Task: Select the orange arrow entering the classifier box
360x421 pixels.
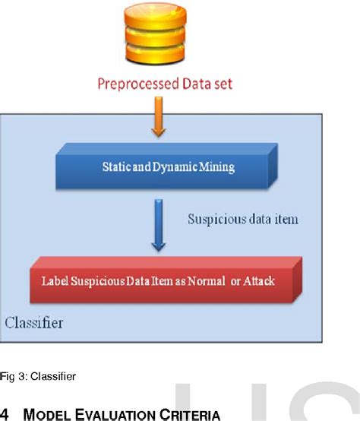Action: pos(158,120)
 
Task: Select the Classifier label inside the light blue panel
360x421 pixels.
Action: pos(34,324)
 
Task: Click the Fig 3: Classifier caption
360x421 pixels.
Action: pos(37,376)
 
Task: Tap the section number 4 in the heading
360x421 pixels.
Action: pos(5,414)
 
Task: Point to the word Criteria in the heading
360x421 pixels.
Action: pos(190,414)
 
